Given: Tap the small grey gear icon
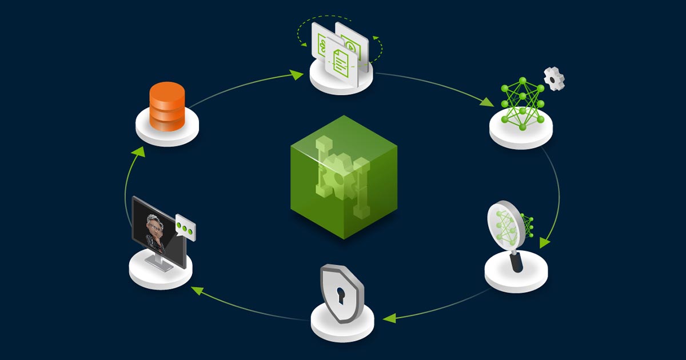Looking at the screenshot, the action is coord(554,78).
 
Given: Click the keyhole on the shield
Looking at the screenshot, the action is coord(341,295).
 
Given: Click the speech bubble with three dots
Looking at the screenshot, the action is coord(185,227).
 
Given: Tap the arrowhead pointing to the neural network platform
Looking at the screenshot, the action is coord(486,102).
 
